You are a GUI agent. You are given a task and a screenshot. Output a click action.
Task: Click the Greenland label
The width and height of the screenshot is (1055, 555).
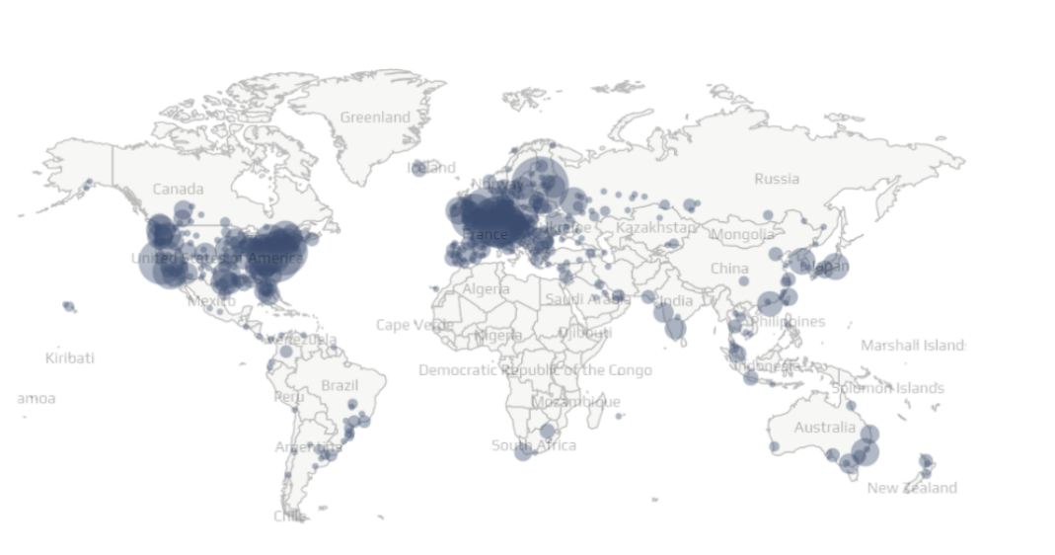click(x=375, y=118)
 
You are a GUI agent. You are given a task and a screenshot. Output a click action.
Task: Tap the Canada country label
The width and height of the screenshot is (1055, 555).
click(x=179, y=189)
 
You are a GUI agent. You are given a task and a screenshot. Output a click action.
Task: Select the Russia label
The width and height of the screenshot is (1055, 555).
click(x=777, y=179)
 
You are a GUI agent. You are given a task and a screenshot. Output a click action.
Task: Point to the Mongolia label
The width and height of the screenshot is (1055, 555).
click(x=742, y=235)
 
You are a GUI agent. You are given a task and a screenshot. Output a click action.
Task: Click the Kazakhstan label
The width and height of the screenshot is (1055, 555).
click(x=656, y=228)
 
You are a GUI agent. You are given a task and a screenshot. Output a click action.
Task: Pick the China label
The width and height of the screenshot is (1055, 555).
click(x=729, y=269)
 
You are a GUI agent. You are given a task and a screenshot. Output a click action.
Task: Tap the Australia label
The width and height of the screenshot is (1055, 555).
click(x=825, y=428)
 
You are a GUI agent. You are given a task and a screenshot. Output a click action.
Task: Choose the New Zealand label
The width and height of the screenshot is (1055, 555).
click(x=912, y=488)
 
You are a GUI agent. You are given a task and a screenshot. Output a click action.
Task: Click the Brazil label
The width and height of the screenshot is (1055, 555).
click(x=340, y=385)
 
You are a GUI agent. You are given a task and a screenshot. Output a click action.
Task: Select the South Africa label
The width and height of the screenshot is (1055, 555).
click(x=534, y=445)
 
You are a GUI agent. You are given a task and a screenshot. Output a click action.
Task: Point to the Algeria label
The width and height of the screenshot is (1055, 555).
click(x=487, y=289)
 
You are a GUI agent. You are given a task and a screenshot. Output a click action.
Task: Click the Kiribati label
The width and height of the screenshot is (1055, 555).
click(x=70, y=357)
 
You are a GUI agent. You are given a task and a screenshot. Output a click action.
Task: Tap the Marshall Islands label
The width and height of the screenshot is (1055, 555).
click(x=913, y=346)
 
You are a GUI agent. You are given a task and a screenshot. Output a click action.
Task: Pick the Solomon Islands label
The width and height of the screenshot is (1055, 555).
click(x=887, y=387)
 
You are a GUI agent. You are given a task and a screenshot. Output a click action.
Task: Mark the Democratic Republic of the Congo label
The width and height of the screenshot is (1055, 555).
click(x=535, y=370)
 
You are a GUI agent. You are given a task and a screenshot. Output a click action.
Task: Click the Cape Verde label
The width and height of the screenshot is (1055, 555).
click(x=414, y=325)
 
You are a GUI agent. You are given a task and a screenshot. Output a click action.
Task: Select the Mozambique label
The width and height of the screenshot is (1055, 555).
click(x=576, y=402)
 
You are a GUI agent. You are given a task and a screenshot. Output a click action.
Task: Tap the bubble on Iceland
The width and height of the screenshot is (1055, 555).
click(x=419, y=168)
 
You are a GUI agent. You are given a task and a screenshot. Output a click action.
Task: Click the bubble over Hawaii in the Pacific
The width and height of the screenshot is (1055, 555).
click(x=69, y=307)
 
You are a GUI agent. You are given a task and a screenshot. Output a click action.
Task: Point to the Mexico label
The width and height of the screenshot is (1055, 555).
click(x=211, y=300)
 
